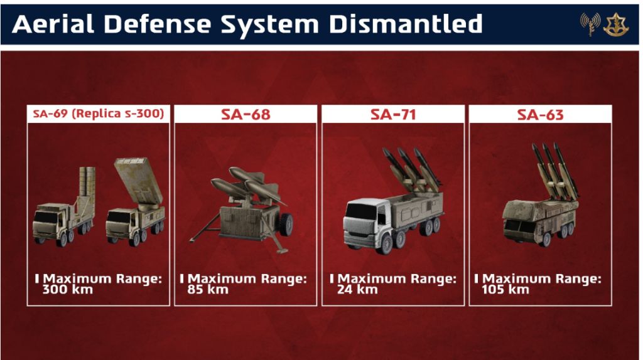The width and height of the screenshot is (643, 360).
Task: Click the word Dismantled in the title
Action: coord(406,24)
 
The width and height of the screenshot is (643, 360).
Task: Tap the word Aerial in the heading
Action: coord(53,24)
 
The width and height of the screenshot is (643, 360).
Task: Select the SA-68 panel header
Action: coord(246,114)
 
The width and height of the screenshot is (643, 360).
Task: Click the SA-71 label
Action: coord(393,114)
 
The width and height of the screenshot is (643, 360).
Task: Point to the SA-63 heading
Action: coord(540,114)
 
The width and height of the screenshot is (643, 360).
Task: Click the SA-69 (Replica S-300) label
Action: coord(99,114)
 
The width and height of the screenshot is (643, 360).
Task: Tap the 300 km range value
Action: coord(68,290)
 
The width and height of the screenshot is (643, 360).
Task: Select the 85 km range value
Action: coord(207,290)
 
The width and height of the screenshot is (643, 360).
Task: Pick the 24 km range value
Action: coord(357,290)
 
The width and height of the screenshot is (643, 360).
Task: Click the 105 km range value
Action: coord(505,290)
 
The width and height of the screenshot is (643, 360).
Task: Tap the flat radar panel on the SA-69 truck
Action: coord(138,180)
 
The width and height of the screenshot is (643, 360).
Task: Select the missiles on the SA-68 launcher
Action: coord(246,184)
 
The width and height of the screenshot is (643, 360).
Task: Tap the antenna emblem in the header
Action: coord(590,24)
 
